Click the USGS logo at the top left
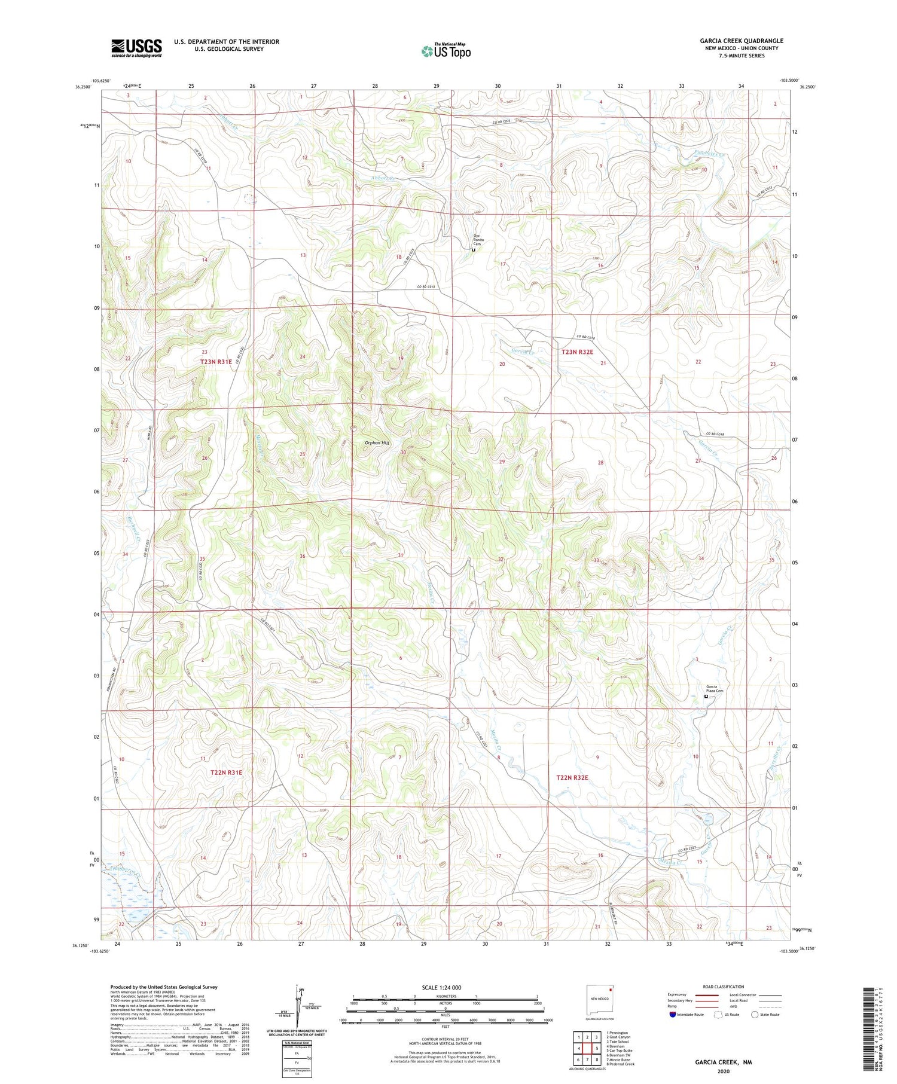pyautogui.click(x=136, y=48)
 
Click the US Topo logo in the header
pyautogui.click(x=446, y=51)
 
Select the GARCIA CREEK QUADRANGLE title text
pyautogui.click(x=742, y=41)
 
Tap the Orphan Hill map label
pyautogui.click(x=377, y=443)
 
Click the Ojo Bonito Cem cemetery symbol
pyautogui.click(x=473, y=251)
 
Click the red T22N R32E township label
pyautogui.click(x=572, y=777)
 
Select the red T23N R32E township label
pyautogui.click(x=577, y=352)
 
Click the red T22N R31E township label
pyautogui.click(x=226, y=772)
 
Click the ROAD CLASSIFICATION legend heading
pyautogui.click(x=723, y=987)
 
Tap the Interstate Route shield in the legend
pyautogui.click(x=673, y=1015)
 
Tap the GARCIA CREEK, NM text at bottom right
pyautogui.click(x=723, y=1062)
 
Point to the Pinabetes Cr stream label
pyautogui.click(x=709, y=154)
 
